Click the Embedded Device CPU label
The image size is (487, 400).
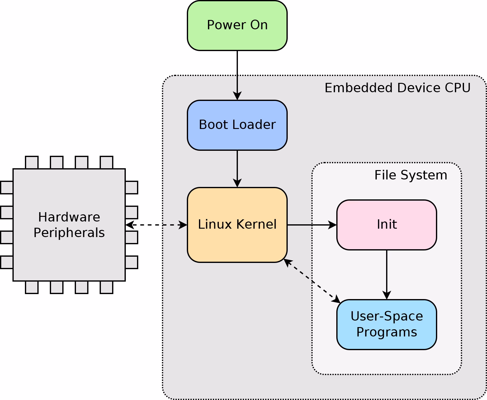tap(397, 88)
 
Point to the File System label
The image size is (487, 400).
tap(410, 175)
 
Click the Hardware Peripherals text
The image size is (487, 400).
tap(69, 225)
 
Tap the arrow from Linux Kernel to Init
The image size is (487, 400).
tap(311, 225)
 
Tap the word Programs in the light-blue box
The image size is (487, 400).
tap(386, 332)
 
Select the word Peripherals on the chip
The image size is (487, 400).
tap(69, 233)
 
